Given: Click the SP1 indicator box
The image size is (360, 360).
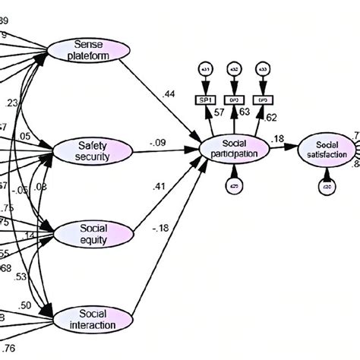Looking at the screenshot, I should [206, 99].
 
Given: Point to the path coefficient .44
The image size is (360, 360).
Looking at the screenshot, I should [169, 93].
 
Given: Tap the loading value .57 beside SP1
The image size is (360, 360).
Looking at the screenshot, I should [219, 113].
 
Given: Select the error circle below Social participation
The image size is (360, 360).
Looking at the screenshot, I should [235, 185].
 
